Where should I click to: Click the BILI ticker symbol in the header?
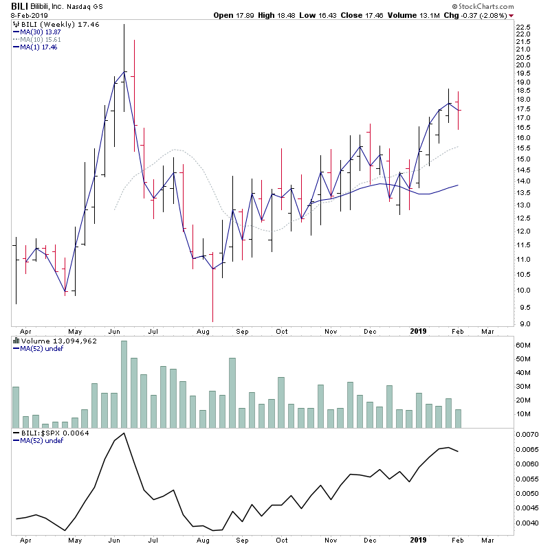pos(19,6)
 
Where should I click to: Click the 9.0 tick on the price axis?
pos(523,324)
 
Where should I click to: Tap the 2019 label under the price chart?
pos(418,331)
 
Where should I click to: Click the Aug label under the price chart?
pos(203,331)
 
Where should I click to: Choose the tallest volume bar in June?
pos(124,383)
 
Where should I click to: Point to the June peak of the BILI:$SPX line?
pos(124,433)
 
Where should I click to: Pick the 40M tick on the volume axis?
pos(525,373)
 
